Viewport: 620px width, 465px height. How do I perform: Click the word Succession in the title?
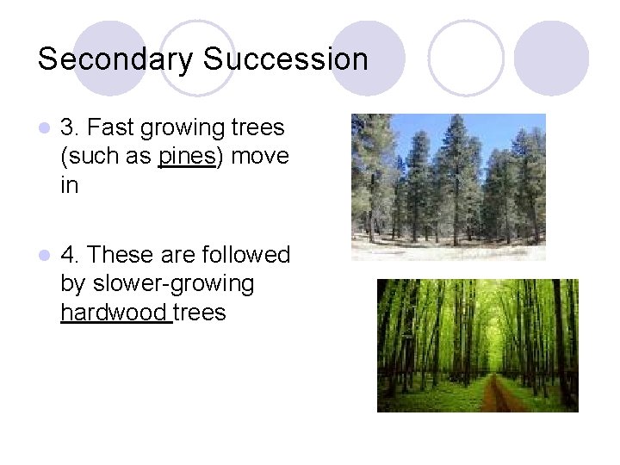286,59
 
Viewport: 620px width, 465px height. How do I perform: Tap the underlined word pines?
186,157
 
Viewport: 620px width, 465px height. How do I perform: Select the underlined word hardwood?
115,313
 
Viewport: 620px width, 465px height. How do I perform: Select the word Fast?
108,128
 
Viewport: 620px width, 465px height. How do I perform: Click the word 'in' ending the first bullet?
69,185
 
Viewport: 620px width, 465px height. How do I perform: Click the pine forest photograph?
448,187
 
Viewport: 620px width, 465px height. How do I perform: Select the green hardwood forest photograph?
477,345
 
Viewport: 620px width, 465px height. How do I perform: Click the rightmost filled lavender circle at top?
551,58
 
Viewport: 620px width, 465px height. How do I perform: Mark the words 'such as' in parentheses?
108,157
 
